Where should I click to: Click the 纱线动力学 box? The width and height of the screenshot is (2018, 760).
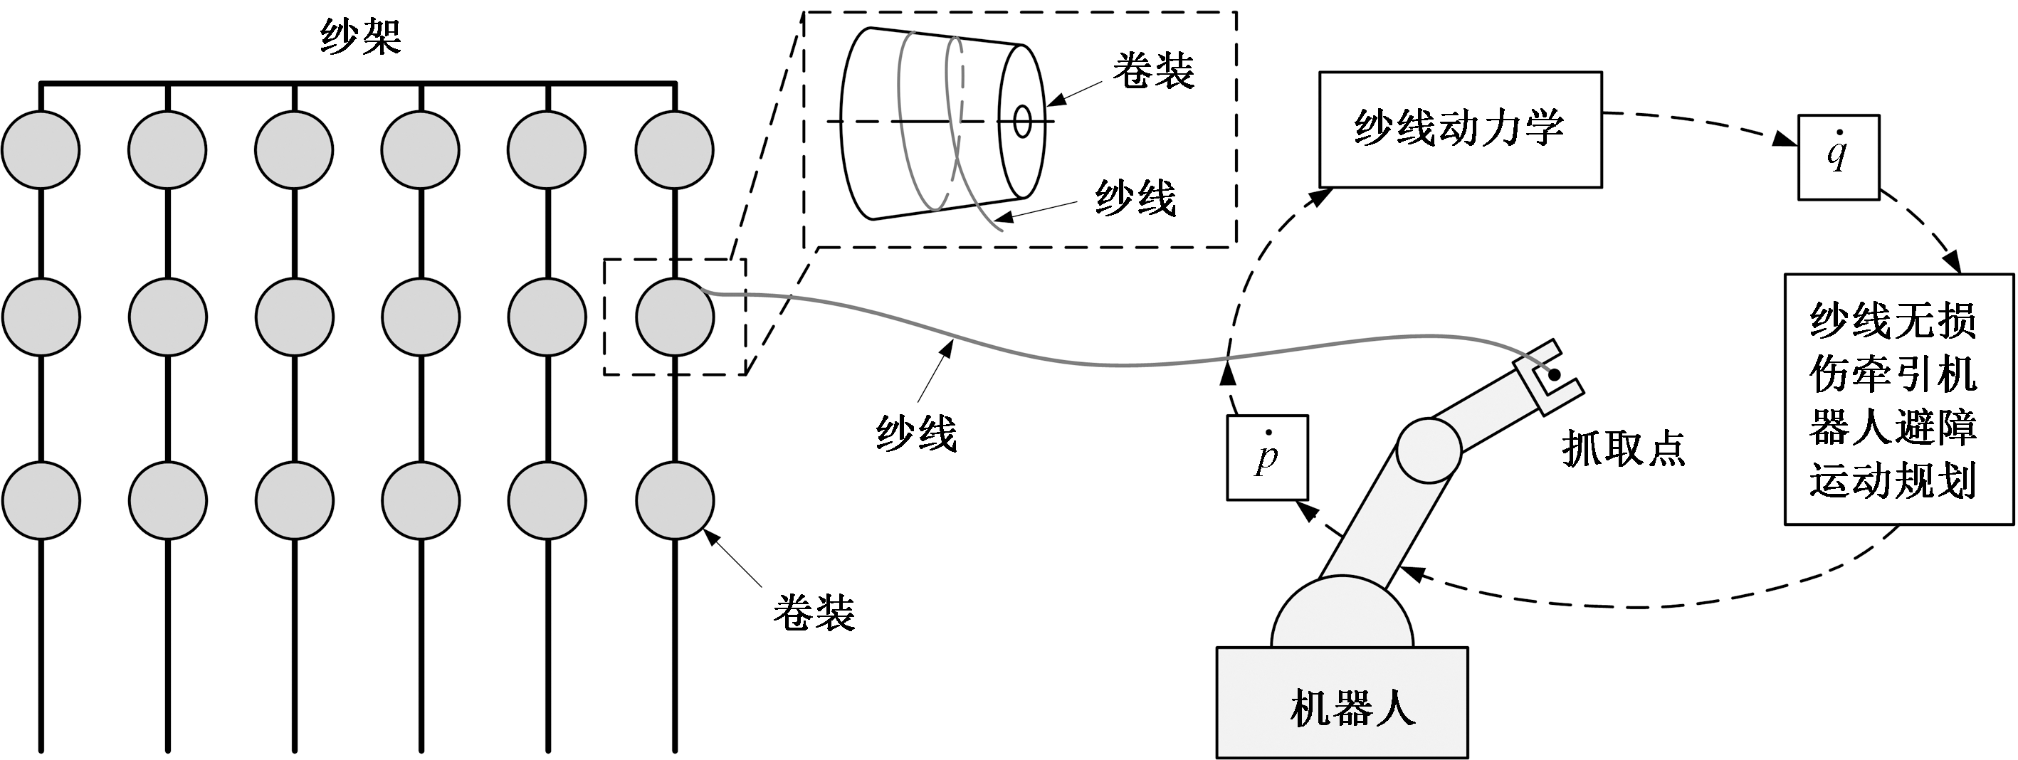coord(1459,130)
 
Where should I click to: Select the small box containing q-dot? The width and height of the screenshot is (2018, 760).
coord(1838,157)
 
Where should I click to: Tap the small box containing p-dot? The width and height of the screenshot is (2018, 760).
coord(1267,457)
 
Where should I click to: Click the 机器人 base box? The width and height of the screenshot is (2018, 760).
coord(1341,702)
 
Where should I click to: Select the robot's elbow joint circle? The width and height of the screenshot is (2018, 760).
coord(1428,449)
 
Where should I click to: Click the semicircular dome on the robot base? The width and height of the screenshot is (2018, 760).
coord(1342,615)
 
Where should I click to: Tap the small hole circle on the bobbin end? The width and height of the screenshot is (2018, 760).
coord(1022,122)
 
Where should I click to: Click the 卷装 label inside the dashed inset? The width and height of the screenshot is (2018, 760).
coord(1153,71)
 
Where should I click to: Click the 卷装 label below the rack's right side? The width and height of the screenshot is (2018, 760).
coord(814,612)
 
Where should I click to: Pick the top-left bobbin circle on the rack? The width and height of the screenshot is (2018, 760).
coord(41,149)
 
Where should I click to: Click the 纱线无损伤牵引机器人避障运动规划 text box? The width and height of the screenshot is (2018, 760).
coord(1898,399)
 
